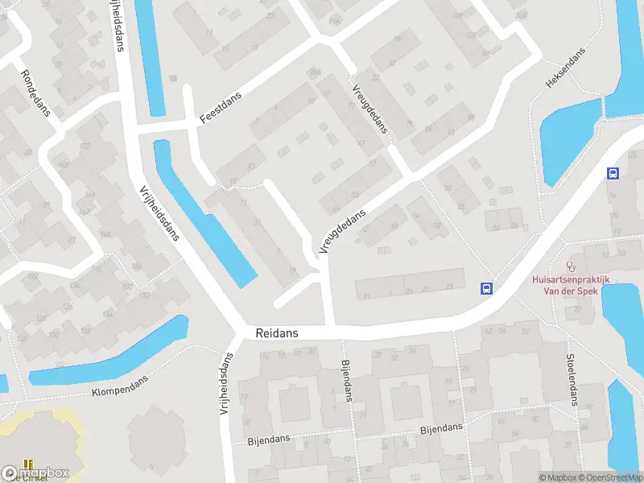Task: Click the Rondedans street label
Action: coord(35,93)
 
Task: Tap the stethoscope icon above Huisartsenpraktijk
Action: coord(572,265)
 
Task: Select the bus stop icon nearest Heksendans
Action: coord(613,173)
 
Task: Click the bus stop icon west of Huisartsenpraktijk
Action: coord(486,288)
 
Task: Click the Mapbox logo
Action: coord(35,473)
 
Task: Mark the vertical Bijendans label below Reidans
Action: coord(348,381)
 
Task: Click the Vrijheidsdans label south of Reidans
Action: coord(225,386)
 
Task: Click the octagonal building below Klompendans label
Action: coord(157,439)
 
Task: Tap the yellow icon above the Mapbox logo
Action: coord(29,464)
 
